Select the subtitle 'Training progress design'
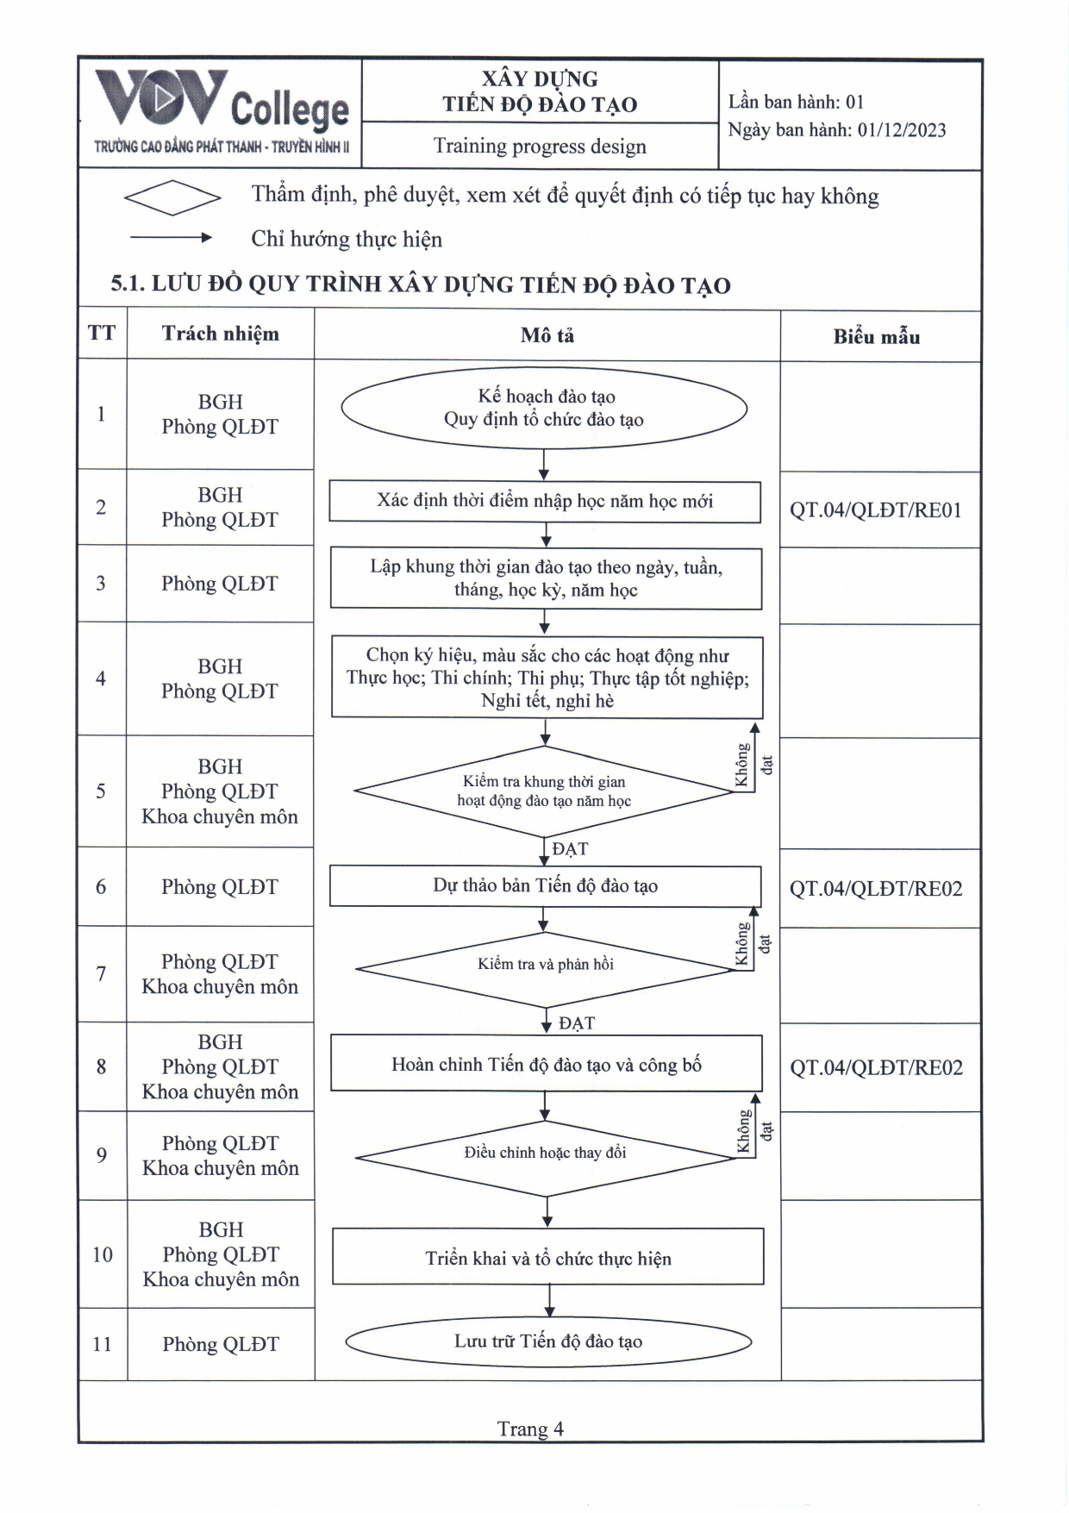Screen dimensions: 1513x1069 coord(540,146)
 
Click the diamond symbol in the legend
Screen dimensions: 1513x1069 coord(172,197)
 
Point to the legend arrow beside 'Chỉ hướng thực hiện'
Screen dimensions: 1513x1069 coord(171,237)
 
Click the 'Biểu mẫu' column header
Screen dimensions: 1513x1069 coord(876,337)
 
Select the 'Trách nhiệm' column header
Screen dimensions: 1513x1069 coord(220,334)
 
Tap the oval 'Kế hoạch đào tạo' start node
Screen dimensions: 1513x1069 coord(544,408)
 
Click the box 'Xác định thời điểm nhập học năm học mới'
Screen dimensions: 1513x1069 coord(545,501)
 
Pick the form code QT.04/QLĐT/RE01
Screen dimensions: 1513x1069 coord(875,510)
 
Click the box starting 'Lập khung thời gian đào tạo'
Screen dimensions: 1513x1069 coord(546,578)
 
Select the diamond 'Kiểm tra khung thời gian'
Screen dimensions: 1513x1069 coord(544,791)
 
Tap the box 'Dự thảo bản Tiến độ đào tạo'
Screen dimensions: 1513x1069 coord(545,886)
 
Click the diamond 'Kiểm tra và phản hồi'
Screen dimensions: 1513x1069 coord(546,965)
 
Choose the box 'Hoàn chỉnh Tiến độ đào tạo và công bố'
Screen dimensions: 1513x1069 coord(547,1065)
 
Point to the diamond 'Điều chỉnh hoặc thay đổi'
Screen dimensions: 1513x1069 coord(546,1154)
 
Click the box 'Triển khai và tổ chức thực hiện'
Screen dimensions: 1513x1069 coord(548,1258)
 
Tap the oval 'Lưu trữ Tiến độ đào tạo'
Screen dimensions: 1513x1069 coord(548,1341)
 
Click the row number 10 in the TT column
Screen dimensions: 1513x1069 coord(103,1254)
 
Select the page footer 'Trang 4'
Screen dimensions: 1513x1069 coord(530,1429)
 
